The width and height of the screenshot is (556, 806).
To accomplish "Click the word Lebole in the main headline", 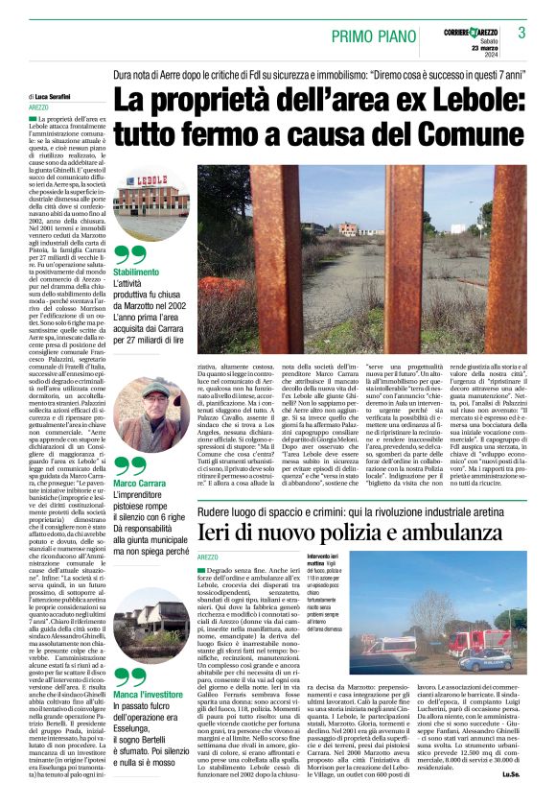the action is coord(408,99).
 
